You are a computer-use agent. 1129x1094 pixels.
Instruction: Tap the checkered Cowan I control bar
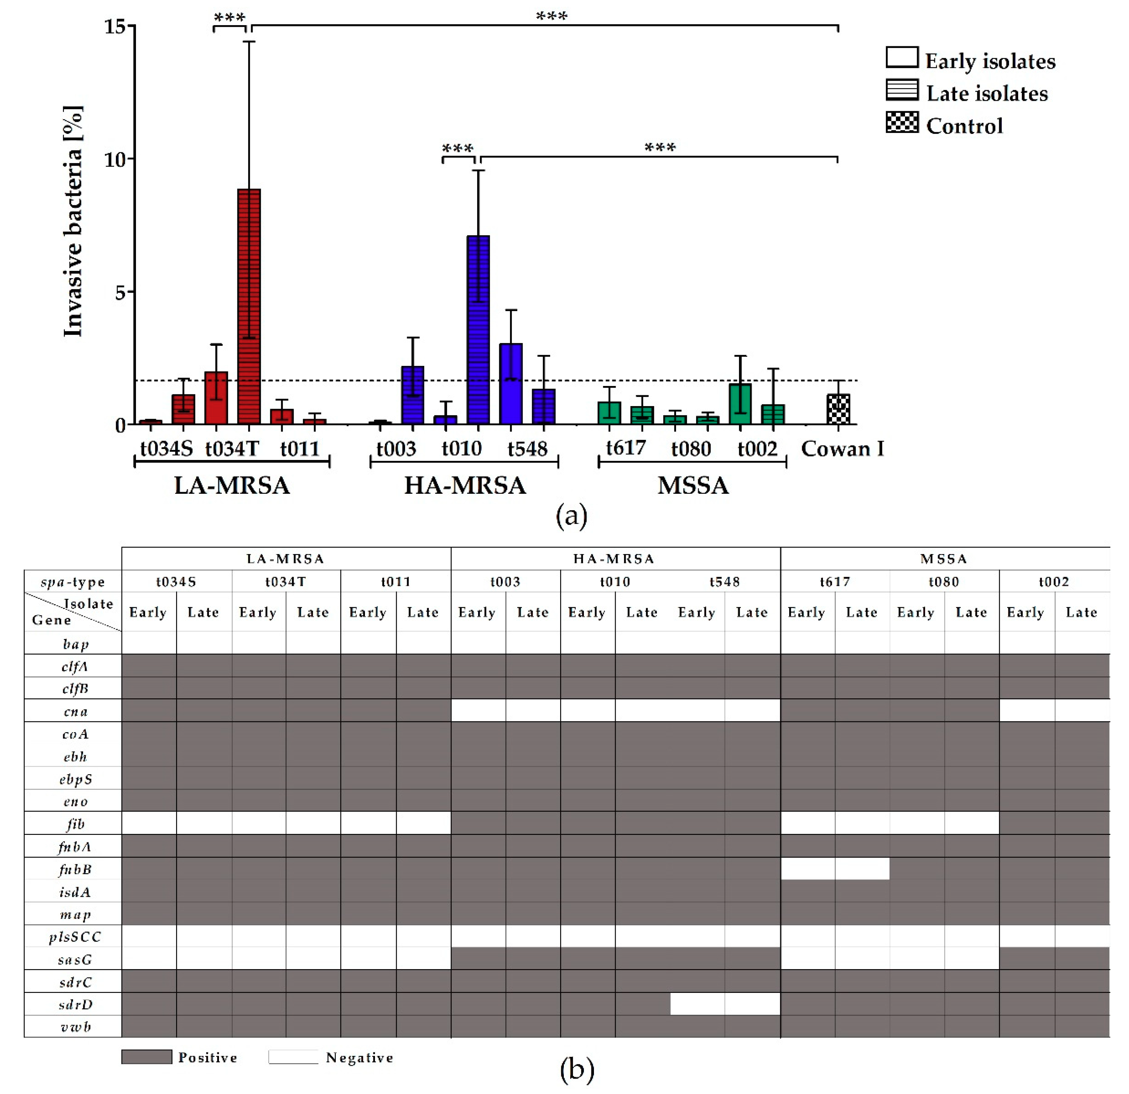[838, 409]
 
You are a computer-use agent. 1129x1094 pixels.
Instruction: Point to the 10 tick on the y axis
[115, 159]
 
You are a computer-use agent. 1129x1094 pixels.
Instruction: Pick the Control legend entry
[964, 126]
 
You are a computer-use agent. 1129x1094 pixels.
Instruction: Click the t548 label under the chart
[527, 449]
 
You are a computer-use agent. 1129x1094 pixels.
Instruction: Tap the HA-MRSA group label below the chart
[465, 485]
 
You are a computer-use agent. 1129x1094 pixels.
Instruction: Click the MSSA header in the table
[944, 558]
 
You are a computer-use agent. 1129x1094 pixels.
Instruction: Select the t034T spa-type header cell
[286, 581]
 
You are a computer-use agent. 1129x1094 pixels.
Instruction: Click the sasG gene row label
[75, 960]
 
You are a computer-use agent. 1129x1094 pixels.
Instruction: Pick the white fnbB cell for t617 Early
[808, 869]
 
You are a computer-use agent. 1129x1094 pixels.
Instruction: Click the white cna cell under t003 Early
[478, 710]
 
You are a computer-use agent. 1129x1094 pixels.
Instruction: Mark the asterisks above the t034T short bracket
[229, 18]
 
